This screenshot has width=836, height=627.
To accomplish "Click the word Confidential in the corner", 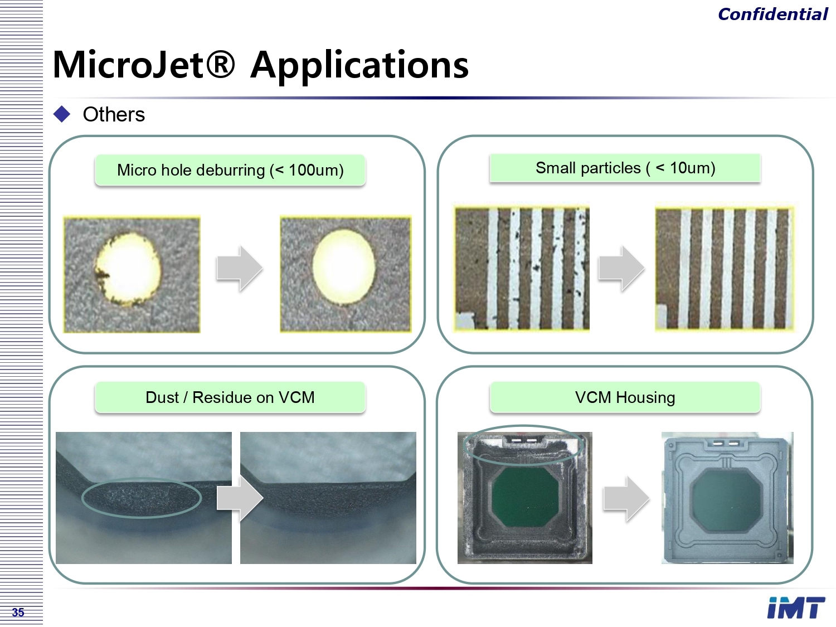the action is pos(773,14).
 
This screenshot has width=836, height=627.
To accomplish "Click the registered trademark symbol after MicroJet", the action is pos(220,64).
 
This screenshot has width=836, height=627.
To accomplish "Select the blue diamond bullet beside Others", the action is pos(62,114).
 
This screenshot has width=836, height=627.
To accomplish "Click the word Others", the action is pos(114,114).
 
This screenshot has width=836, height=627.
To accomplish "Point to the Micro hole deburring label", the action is pos(230,170).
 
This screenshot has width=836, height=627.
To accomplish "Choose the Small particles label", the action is pos(625,168).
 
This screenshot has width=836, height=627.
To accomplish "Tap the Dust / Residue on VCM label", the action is pos(230,397).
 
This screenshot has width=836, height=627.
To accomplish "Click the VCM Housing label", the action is pos(625,397).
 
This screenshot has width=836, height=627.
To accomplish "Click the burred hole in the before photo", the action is pos(128,269).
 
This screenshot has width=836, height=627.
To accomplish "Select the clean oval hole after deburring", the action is pos(344,266).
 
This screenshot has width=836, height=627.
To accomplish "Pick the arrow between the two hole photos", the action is pos(240,269).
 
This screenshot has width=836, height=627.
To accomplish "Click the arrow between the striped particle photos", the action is pos(621,269).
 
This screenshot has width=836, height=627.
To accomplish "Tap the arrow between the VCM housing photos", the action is pos(626,499).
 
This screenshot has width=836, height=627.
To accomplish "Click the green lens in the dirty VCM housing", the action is pos(525,497).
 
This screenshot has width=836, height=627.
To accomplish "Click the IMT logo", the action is pos(796,608).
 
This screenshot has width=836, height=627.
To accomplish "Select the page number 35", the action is pos(18,613).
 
